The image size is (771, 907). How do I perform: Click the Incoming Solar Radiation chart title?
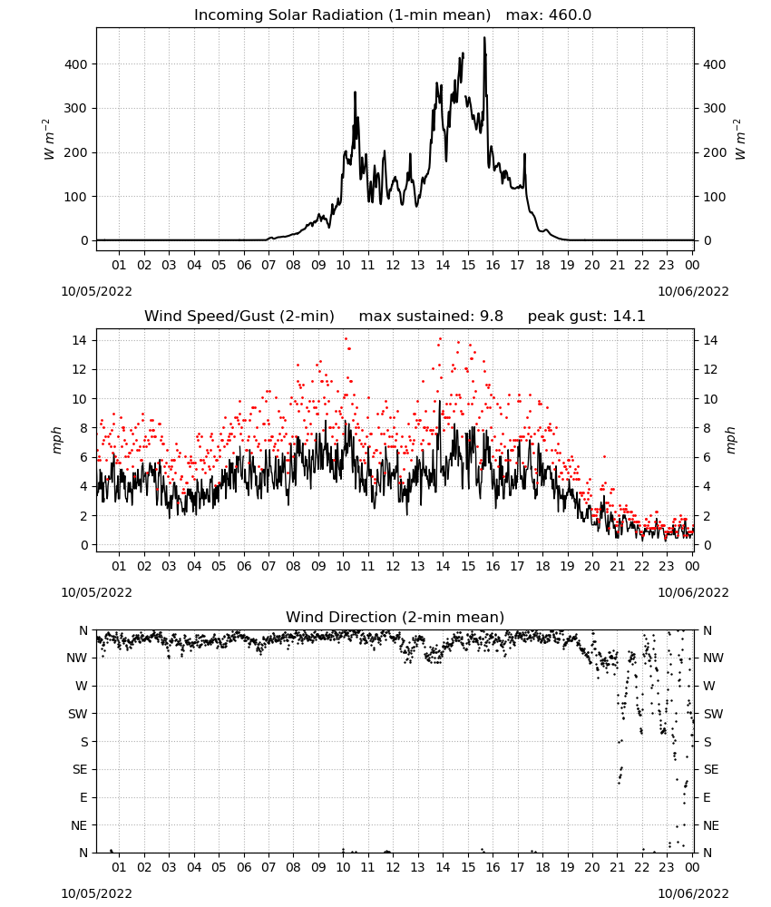[x=342, y=15]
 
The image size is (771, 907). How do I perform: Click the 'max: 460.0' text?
[x=549, y=15]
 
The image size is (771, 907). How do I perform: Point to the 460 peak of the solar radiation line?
[x=484, y=38]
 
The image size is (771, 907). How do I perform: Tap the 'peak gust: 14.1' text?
[x=586, y=317]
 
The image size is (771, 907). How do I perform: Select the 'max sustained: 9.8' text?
[x=431, y=317]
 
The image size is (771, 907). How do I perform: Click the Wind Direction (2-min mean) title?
[x=395, y=617]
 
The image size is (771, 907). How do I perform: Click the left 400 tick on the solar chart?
[x=76, y=64]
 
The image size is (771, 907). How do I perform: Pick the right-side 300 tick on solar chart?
[x=715, y=108]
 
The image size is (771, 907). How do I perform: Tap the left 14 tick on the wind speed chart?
[x=80, y=340]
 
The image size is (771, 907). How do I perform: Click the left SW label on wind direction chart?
[x=78, y=714]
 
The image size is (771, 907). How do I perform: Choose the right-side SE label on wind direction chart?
[x=711, y=769]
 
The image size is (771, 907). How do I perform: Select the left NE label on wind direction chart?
[x=79, y=825]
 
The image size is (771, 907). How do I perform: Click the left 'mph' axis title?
[x=56, y=440]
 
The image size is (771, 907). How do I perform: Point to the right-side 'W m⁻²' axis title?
[x=740, y=140]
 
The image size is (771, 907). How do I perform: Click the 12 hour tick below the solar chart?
[x=394, y=265]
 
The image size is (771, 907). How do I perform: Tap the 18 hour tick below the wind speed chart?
[x=542, y=566]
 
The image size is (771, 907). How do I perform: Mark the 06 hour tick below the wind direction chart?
[x=244, y=866]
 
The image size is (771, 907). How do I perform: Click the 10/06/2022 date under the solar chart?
[x=694, y=291]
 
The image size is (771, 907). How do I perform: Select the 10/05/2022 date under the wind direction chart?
[x=96, y=893]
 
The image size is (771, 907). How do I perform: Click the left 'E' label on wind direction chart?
[x=83, y=797]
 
